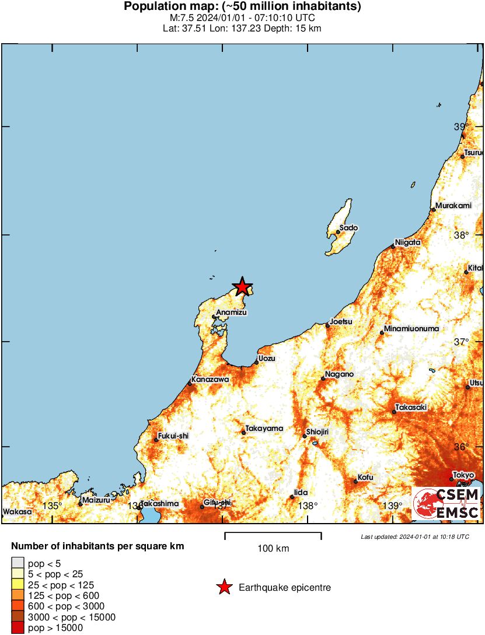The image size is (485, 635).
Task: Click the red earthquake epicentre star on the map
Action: click(x=242, y=286)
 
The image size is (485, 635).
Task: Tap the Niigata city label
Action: click(x=407, y=242)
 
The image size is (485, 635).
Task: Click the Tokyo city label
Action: click(x=463, y=475)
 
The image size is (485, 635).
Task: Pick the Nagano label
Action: click(x=339, y=374)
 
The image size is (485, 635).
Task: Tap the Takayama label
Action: click(x=264, y=428)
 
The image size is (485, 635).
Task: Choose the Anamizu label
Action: click(x=232, y=313)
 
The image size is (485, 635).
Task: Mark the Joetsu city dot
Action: click(x=327, y=325)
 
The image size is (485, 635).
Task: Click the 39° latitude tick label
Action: click(x=462, y=127)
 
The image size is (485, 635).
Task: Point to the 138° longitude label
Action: click(x=308, y=506)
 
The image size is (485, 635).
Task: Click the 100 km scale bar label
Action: click(x=273, y=548)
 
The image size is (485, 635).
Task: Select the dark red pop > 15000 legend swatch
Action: click(x=18, y=627)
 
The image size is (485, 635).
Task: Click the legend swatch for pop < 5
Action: click(x=18, y=563)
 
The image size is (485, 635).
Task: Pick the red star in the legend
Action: click(x=224, y=588)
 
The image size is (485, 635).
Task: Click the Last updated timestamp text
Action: click(x=415, y=536)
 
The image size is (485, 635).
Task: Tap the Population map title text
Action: click(x=242, y=7)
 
